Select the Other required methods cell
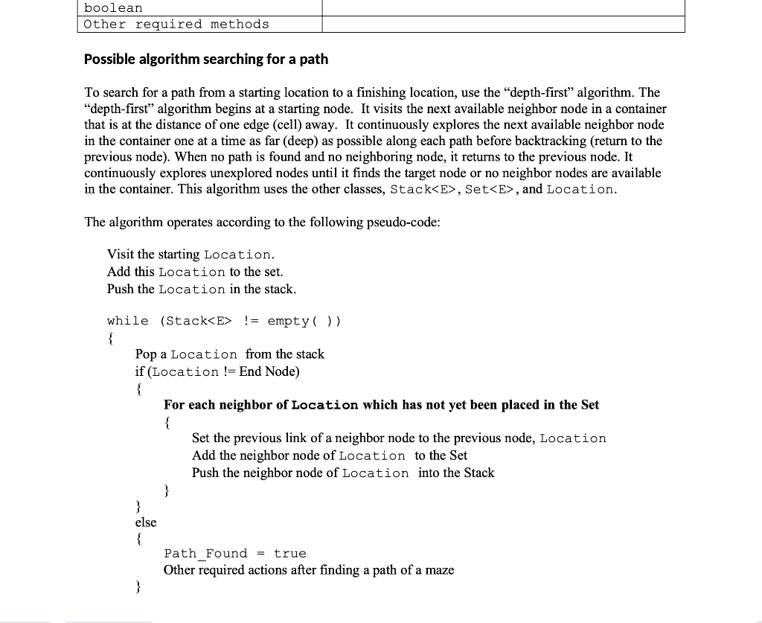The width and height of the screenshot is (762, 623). (x=176, y=24)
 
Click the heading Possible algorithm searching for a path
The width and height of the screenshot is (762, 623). (x=205, y=59)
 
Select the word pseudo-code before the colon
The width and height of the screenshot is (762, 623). (x=401, y=222)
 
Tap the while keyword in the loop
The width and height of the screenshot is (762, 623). (x=127, y=321)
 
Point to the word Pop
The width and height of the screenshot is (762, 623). (x=146, y=354)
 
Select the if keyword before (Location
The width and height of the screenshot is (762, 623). (x=140, y=371)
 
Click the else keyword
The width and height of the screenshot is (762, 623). (x=146, y=523)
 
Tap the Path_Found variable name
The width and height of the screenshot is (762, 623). (x=205, y=554)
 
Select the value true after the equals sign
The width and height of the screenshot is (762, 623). (x=289, y=554)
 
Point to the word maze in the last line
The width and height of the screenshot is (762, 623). (x=438, y=570)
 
